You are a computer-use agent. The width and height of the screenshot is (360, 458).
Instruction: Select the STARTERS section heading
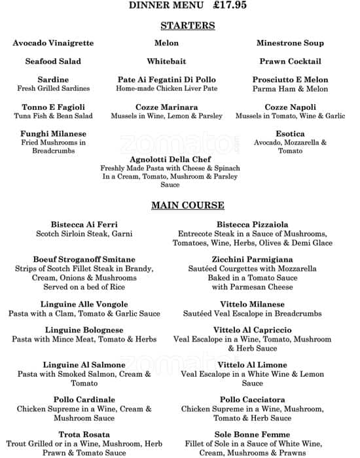pos(188,26)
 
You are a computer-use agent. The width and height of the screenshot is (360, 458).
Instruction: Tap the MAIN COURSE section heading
pos(188,205)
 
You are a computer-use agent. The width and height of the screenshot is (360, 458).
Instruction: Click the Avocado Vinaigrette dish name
pos(53,43)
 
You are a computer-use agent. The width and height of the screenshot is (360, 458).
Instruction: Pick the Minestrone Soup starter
pos(290,43)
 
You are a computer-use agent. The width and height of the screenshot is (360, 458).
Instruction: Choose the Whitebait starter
pos(166,62)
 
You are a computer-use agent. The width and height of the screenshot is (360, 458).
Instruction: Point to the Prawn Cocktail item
pos(290,62)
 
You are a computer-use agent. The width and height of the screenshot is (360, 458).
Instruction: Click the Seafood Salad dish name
pos(53,62)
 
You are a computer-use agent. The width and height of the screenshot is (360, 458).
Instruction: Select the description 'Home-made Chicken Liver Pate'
pos(166,88)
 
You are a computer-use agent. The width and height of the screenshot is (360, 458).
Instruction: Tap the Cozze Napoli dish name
pos(290,107)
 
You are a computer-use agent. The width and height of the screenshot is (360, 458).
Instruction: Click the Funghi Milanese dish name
pos(53,134)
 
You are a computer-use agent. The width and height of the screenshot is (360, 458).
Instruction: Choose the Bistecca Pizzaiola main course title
pos(252,225)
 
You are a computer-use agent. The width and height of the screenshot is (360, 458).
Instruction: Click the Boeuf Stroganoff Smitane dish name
pos(84,260)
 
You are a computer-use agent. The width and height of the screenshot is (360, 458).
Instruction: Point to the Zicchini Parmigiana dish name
pos(252,260)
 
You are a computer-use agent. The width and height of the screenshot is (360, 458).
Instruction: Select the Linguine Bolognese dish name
pos(84,330)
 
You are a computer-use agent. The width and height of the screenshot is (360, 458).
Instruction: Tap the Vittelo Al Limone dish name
pos(252,365)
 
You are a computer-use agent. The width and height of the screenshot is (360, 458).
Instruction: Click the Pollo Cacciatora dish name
pos(252,400)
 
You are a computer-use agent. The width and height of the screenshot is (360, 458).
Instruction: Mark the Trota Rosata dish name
pos(84,434)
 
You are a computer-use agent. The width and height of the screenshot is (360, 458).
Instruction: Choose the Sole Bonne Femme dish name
pos(252,434)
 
